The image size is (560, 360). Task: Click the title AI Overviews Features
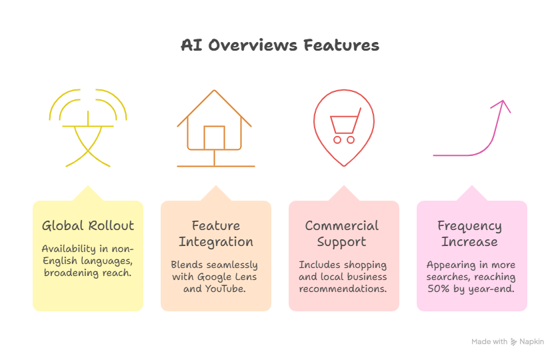click(280, 45)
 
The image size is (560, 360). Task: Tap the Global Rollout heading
click(88, 225)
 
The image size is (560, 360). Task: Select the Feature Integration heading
click(215, 233)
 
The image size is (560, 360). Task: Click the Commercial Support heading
click(341, 233)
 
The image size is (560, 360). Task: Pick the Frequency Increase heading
click(469, 233)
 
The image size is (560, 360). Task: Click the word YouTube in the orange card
click(227, 289)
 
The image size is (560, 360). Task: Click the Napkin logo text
click(532, 341)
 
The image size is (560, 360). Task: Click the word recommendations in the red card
click(343, 289)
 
